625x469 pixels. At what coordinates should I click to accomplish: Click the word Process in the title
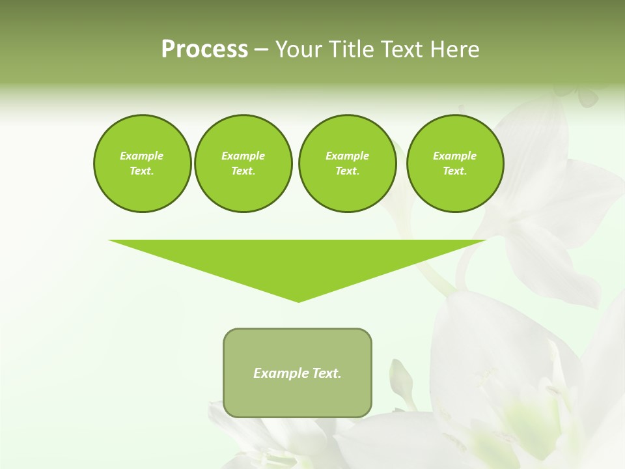click(x=204, y=50)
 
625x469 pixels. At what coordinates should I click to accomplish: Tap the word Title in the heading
click(x=349, y=50)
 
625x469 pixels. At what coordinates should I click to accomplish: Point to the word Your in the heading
click(x=299, y=50)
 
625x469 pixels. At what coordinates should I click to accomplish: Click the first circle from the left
click(x=142, y=163)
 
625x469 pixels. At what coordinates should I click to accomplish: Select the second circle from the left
click(x=243, y=163)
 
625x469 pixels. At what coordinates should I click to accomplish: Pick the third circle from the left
click(x=347, y=163)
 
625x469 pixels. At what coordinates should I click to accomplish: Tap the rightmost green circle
click(x=455, y=163)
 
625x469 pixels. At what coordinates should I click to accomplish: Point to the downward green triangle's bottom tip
click(x=298, y=300)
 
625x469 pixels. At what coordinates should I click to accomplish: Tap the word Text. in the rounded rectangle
click(x=327, y=373)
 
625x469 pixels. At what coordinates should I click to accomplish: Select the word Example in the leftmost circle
click(x=142, y=156)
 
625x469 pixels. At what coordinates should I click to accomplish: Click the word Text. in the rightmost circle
click(x=455, y=171)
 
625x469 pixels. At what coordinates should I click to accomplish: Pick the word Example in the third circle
click(x=347, y=156)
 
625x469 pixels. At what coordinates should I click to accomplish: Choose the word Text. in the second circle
click(x=243, y=171)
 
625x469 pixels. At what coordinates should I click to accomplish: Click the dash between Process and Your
click(x=261, y=50)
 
